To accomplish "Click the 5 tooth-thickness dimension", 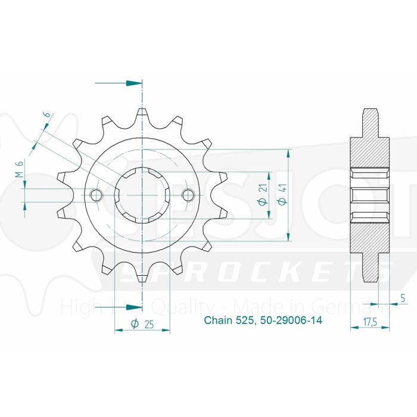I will point(403,300).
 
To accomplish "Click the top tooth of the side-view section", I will point(370,122).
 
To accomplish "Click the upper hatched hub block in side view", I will point(370,152).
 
